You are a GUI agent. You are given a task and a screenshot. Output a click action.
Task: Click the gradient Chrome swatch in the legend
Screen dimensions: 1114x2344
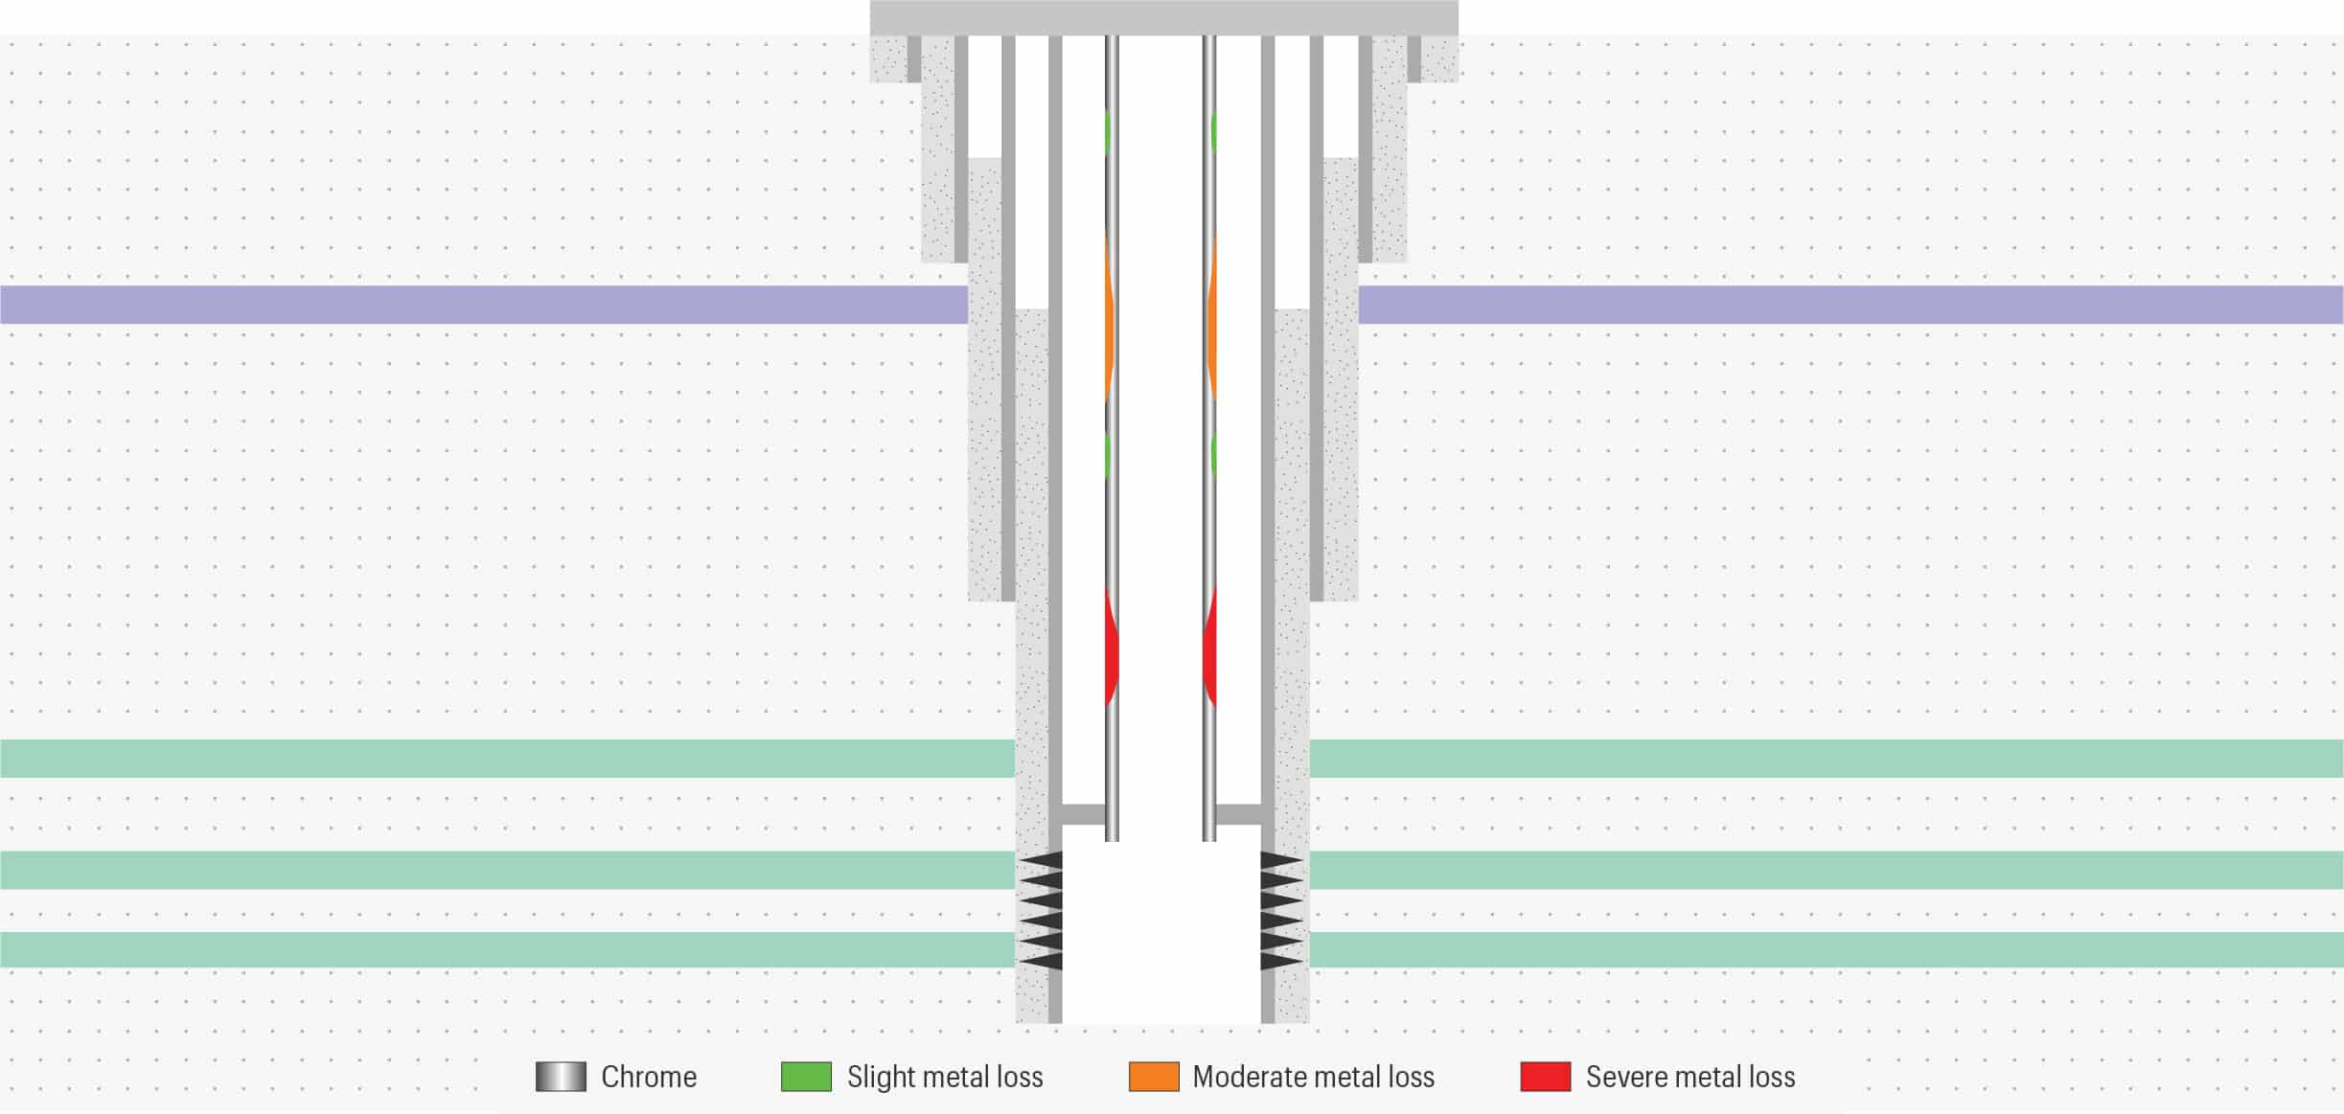click(561, 1077)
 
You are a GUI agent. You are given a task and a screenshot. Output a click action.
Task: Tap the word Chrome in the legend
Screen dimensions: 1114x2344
click(649, 1077)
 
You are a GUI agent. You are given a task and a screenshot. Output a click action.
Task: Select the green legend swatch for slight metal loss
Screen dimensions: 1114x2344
click(806, 1077)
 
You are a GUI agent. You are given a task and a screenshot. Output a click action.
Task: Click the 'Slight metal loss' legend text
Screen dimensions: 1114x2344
click(945, 1077)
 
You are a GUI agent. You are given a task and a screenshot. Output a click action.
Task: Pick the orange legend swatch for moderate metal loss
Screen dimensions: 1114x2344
click(1154, 1077)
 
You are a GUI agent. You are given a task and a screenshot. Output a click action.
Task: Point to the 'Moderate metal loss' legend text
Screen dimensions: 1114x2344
click(1313, 1077)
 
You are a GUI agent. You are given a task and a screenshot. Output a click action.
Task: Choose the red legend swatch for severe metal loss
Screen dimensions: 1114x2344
click(1546, 1077)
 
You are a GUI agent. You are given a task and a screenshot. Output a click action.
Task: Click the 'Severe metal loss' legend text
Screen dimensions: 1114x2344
click(1690, 1077)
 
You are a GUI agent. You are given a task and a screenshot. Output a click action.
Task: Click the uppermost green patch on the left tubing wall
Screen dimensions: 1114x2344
click(1108, 132)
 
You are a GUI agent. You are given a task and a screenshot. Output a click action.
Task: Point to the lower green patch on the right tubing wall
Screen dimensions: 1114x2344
click(1213, 455)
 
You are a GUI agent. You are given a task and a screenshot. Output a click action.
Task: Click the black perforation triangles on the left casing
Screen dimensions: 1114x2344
click(1042, 910)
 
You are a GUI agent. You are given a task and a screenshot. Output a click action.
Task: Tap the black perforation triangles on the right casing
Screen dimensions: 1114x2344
click(1281, 910)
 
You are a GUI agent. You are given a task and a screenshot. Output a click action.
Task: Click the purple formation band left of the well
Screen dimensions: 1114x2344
click(479, 305)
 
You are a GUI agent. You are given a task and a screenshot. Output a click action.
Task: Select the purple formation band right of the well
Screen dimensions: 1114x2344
click(1850, 305)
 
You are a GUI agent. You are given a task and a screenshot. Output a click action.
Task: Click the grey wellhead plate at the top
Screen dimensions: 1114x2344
click(1163, 17)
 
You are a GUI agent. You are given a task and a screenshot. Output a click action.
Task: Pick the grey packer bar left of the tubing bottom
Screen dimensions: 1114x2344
click(1084, 815)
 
